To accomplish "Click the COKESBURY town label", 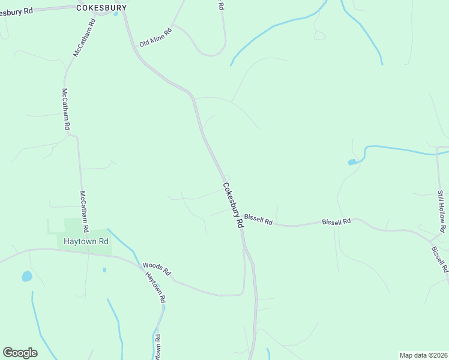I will (102, 7).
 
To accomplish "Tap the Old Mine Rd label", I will (155, 39).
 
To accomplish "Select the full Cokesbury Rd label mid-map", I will (233, 205).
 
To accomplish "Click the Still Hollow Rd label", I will (441, 211).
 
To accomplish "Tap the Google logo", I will (20, 353).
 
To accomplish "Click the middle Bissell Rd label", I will (336, 221).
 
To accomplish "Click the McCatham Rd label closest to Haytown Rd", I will (85, 211).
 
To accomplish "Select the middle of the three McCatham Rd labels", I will (66, 109).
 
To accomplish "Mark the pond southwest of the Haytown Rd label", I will (26, 276).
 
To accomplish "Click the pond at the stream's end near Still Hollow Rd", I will (351, 162).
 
